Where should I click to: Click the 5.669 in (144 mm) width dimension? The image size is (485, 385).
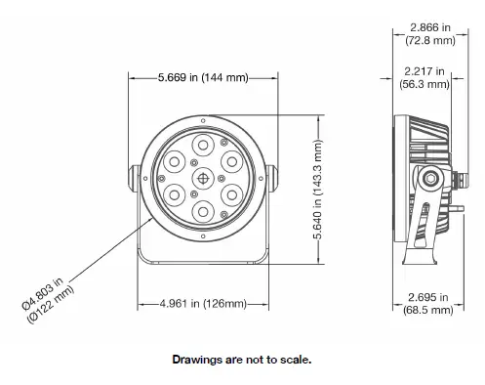pos(202,77)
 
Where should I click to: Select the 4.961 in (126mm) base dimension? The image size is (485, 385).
pos(202,304)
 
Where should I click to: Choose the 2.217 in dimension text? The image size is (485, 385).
pos(426,71)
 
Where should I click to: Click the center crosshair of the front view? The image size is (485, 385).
pos(203,178)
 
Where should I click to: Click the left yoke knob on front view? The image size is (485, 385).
pos(131,178)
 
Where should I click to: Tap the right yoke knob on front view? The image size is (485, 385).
pos(274,178)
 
